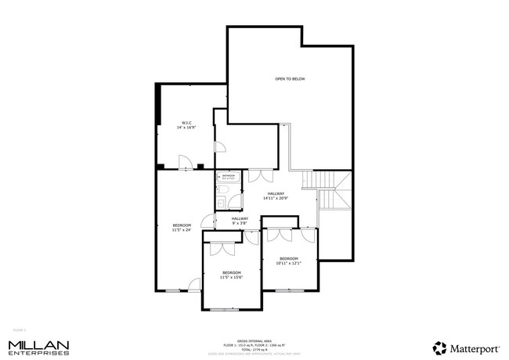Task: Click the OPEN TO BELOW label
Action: click(289, 79)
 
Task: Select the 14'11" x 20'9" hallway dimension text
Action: click(276, 196)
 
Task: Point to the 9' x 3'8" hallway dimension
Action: click(240, 221)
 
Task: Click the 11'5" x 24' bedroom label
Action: click(182, 227)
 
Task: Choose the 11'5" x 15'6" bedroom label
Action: click(231, 275)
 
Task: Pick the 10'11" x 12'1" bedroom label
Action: click(289, 261)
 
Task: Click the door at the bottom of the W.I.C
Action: click(185, 163)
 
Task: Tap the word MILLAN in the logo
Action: click(38, 344)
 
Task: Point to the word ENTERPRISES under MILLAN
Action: click(38, 354)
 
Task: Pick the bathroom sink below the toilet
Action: click(221, 203)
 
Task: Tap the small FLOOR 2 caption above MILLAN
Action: click(20, 330)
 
